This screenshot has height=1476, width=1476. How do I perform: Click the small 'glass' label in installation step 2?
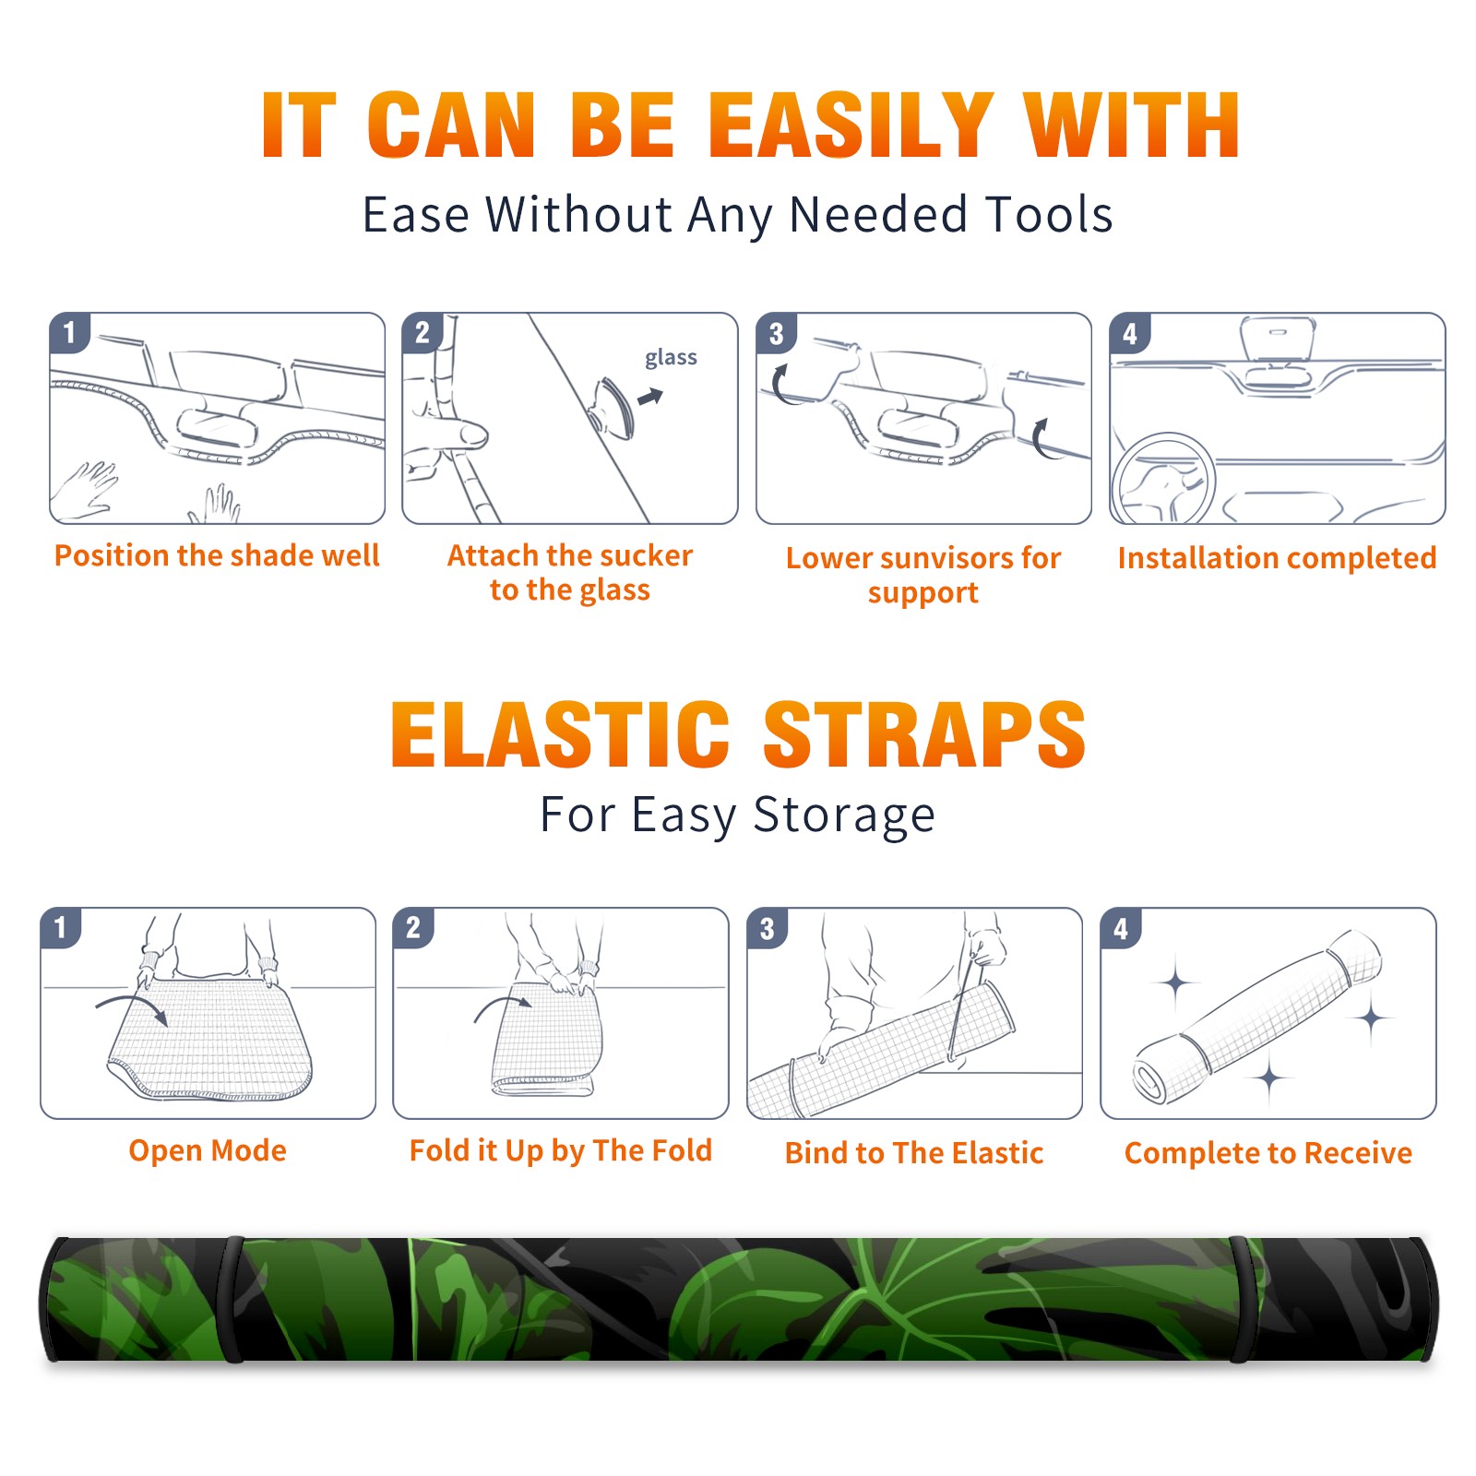(x=671, y=358)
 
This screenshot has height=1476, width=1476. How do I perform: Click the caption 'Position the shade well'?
(x=217, y=555)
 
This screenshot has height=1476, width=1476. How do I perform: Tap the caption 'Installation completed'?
(x=1277, y=558)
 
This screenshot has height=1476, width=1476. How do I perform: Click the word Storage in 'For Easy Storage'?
(x=844, y=815)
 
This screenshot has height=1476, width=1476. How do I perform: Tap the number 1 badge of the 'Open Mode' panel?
(x=61, y=927)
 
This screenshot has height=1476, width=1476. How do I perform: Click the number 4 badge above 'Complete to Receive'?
(x=1121, y=928)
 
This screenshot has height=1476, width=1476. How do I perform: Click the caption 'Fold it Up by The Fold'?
(x=561, y=1150)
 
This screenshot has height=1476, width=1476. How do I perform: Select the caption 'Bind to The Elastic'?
(x=914, y=1153)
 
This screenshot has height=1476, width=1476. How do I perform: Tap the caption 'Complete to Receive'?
(x=1268, y=1153)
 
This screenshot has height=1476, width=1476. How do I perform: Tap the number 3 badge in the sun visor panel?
(x=776, y=334)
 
